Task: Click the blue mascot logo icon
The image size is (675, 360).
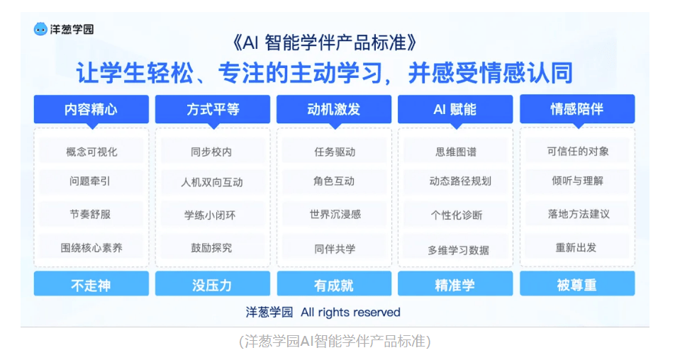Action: tap(40, 29)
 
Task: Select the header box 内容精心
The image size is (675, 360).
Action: tap(91, 109)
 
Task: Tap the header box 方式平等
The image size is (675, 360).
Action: tap(213, 109)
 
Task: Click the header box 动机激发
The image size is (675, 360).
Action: tap(334, 109)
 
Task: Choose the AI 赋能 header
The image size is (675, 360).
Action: tap(455, 109)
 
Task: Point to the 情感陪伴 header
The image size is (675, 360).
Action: tap(577, 109)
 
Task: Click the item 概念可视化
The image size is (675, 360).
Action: tap(91, 152)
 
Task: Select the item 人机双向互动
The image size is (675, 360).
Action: tap(213, 182)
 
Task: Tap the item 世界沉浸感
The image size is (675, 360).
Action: tap(334, 214)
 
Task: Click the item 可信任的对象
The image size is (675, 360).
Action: tap(577, 151)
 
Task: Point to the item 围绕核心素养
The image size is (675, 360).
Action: tap(91, 247)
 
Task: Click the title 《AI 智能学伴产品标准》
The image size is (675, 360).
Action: tap(325, 43)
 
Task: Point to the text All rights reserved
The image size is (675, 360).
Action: tap(350, 313)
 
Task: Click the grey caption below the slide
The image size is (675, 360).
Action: tap(335, 341)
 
